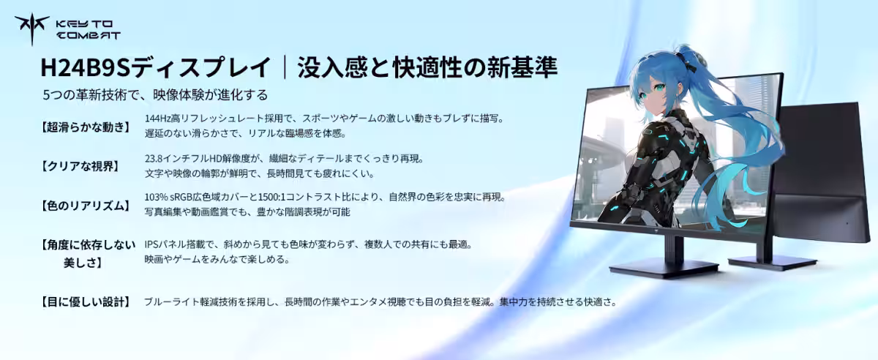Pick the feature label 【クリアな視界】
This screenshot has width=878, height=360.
tap(80, 166)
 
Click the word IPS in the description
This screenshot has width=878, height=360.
tap(153, 244)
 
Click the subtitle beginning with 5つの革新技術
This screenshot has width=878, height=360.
tap(155, 94)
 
